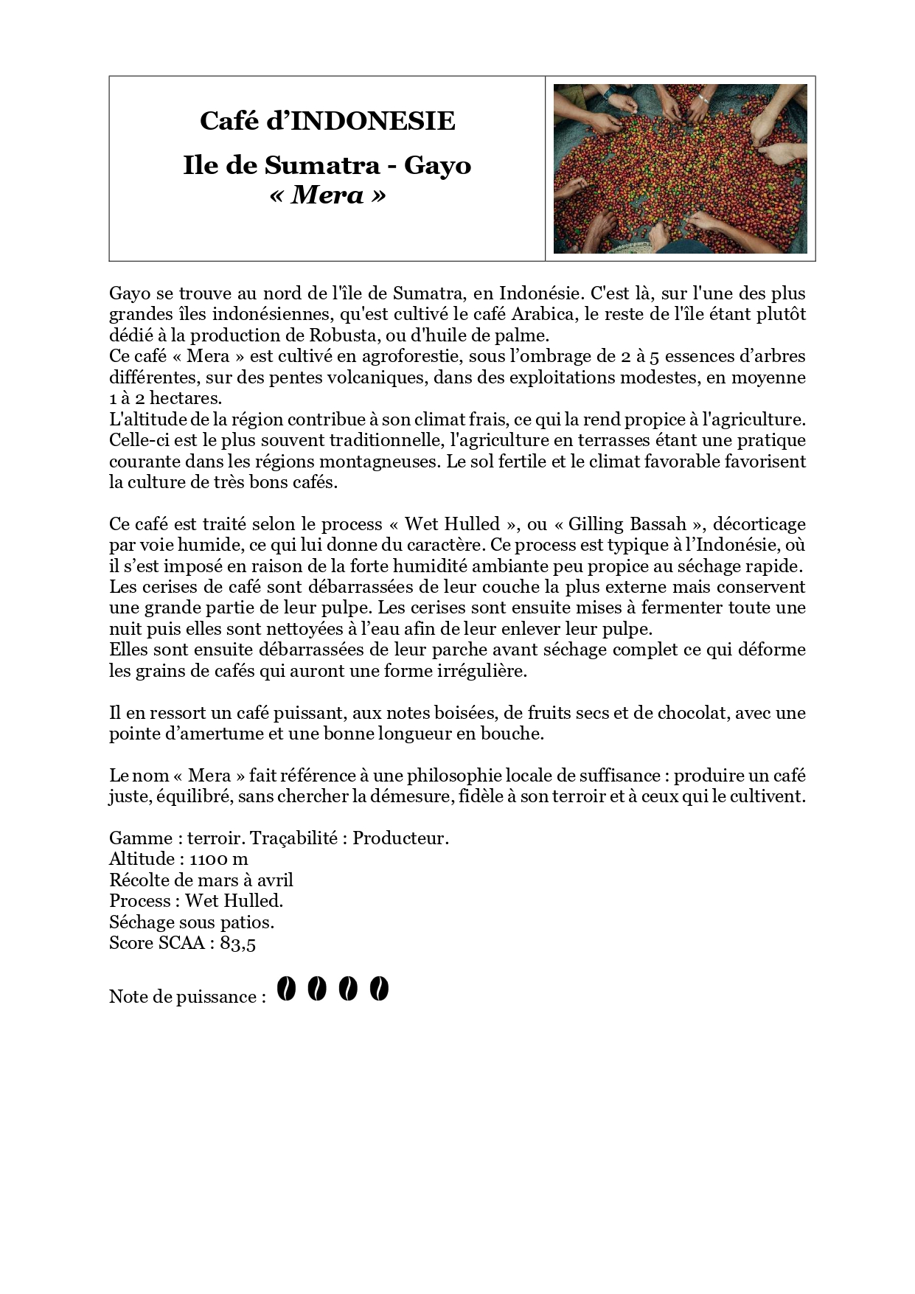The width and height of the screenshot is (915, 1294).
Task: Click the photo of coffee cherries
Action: (x=680, y=169)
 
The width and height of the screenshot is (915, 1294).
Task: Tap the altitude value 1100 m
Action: (x=218, y=859)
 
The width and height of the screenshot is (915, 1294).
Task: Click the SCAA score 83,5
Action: (x=237, y=943)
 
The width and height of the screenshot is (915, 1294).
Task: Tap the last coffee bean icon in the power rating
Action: (x=378, y=989)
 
